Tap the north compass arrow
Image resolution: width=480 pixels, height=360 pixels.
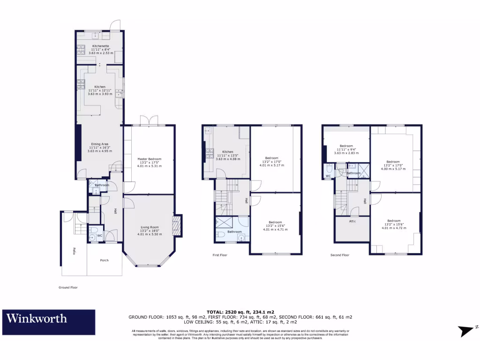click(x=468, y=330)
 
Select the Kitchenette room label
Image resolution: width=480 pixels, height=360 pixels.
click(x=100, y=46)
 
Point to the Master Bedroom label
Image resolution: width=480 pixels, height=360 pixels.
click(x=149, y=159)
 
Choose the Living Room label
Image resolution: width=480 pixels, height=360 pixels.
click(x=150, y=228)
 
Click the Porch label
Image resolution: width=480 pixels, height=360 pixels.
click(x=104, y=260)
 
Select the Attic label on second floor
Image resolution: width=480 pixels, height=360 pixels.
click(x=352, y=221)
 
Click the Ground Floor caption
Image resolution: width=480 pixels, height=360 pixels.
click(x=67, y=287)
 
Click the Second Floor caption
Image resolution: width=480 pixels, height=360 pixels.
click(x=340, y=255)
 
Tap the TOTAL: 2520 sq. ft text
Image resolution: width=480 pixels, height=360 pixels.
click(x=240, y=312)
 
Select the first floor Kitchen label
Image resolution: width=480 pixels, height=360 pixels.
click(x=228, y=152)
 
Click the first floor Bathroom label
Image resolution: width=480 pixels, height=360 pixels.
click(x=234, y=232)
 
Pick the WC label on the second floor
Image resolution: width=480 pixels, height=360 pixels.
click(x=328, y=176)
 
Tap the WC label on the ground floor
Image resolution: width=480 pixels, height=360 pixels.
click(x=100, y=235)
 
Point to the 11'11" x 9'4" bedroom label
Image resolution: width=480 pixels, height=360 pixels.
click(x=346, y=146)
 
